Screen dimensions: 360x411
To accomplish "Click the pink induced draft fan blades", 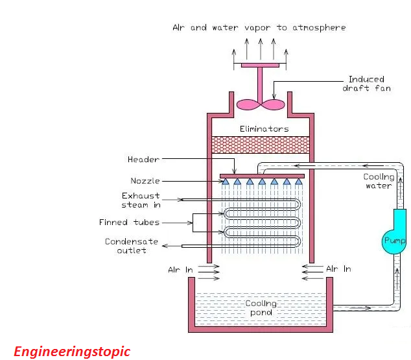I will click(x=260, y=104).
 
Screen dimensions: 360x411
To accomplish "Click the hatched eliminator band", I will click(x=260, y=145).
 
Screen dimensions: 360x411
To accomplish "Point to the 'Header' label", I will click(x=143, y=160).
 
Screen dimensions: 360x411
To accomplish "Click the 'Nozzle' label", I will click(x=145, y=181).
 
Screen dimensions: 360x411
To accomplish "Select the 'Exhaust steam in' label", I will click(x=141, y=200).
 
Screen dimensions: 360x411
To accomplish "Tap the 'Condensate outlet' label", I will click(x=132, y=246).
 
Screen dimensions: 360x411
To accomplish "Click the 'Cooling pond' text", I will click(x=260, y=307).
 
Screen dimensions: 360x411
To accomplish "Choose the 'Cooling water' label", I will click(x=377, y=181).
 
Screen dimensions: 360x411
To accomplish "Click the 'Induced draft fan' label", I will click(x=366, y=84).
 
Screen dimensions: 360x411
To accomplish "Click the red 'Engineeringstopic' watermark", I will click(x=72, y=352).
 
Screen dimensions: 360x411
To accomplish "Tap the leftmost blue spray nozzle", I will click(x=226, y=182).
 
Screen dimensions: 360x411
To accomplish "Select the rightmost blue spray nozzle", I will click(x=299, y=182).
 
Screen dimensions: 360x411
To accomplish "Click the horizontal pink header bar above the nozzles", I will click(x=262, y=175).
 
